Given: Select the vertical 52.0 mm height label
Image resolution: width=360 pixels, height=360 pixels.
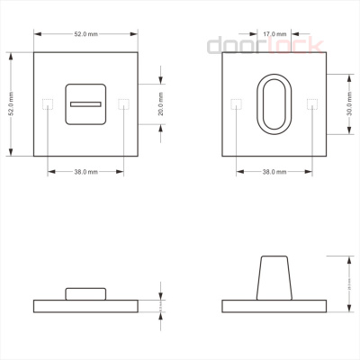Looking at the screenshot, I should [x=12, y=103].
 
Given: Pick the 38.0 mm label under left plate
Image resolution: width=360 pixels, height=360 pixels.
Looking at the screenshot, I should [x=85, y=171].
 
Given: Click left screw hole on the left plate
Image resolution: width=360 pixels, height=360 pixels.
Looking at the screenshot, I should [x=47, y=103].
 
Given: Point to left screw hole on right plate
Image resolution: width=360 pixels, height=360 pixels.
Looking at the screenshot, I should [x=235, y=103].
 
